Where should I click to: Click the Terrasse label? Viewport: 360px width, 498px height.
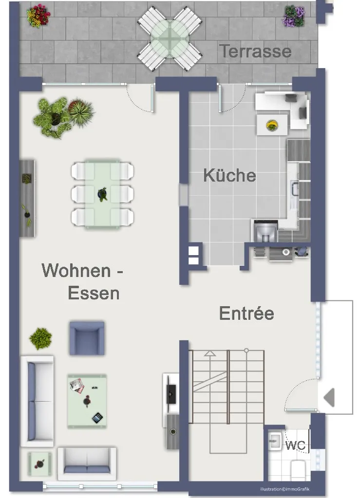[x=255, y=51]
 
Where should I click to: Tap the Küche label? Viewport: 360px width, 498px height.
[x=229, y=175]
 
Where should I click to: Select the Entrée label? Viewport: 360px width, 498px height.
[x=246, y=313]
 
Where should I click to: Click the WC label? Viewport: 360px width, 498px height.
[x=295, y=445]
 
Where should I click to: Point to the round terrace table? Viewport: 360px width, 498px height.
[x=170, y=39]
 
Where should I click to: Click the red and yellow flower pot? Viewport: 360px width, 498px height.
[x=38, y=16]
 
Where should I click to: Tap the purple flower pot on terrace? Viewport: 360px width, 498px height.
[x=294, y=16]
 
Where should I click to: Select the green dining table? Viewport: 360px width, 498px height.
[x=102, y=194]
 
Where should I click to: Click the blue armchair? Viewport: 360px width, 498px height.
[x=87, y=338]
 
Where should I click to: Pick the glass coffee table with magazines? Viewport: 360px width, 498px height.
[x=87, y=401]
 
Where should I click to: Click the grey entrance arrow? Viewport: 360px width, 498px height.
[x=329, y=397]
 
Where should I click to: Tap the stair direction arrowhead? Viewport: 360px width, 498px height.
[x=209, y=353]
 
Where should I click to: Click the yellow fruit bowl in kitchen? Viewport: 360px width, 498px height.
[x=272, y=125]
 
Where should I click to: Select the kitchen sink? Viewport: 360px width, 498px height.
[x=295, y=188]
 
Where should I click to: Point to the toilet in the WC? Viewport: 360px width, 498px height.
[x=298, y=469]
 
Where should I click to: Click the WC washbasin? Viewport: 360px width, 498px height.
[x=275, y=441]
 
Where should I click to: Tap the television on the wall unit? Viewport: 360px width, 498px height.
[x=171, y=394]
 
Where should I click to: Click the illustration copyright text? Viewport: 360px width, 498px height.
[x=284, y=489]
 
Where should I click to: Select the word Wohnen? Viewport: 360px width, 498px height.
[x=76, y=270]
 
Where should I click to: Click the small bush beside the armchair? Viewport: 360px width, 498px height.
[x=40, y=338]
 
